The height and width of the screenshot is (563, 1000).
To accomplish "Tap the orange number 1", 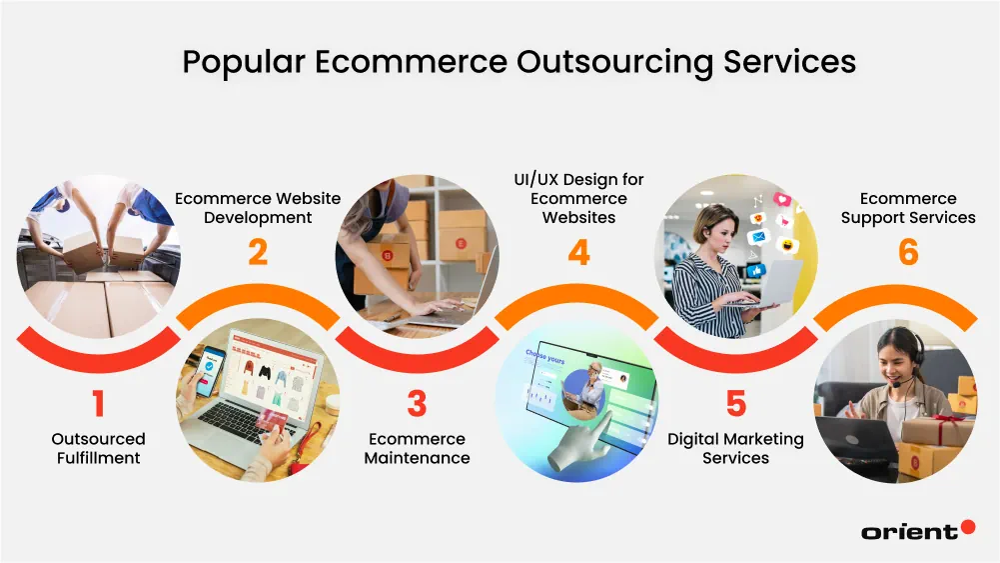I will tap(98, 404).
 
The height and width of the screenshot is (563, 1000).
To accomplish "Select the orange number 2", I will tap(258, 252).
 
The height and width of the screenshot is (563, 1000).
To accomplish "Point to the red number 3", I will tap(417, 404).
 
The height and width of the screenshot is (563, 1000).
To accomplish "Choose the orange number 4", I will tap(578, 252).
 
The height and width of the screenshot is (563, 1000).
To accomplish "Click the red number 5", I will tap(736, 404).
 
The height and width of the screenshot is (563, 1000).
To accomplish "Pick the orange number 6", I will tap(908, 252).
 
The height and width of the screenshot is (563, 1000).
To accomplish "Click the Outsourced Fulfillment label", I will tap(98, 448).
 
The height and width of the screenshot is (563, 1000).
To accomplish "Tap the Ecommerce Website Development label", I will tap(258, 208).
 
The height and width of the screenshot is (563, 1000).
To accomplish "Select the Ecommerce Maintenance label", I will tap(417, 448).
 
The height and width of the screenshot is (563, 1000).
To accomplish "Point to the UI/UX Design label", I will tap(578, 198).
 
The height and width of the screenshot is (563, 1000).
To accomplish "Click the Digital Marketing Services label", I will tap(736, 448).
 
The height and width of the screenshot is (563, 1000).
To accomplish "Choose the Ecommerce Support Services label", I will tap(908, 208).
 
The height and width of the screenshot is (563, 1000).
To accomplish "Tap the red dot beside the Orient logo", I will tap(967, 527).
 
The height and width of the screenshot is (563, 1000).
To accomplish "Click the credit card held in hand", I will tap(273, 423).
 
